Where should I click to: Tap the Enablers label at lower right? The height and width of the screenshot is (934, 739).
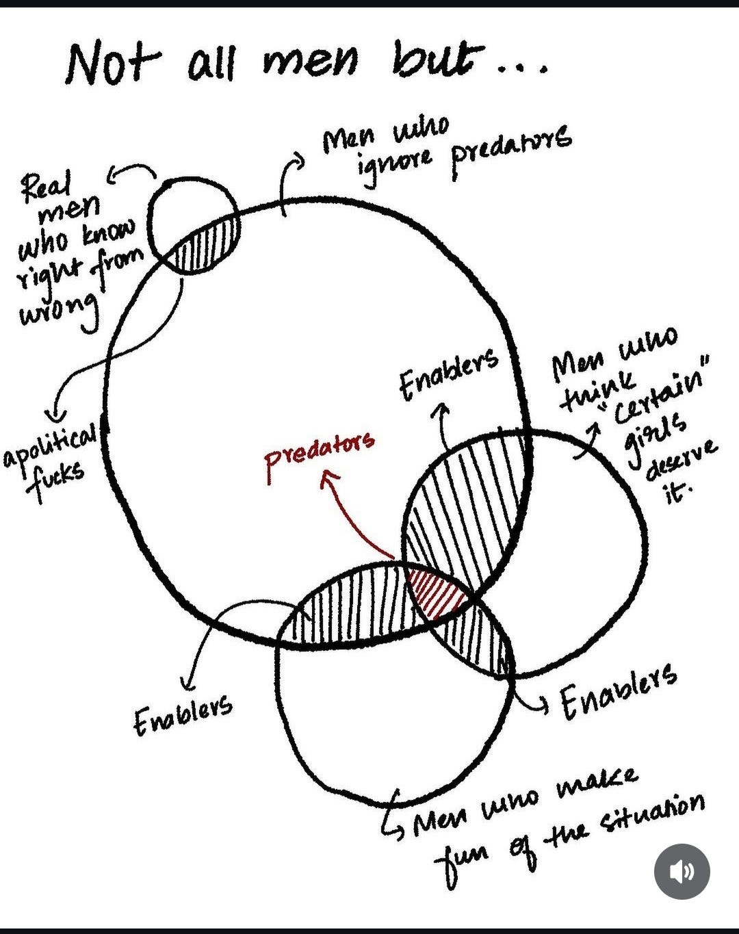pos(618,699)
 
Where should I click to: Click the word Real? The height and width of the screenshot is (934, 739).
pos(46,188)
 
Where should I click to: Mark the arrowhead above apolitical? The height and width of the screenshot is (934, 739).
pos(57,415)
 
